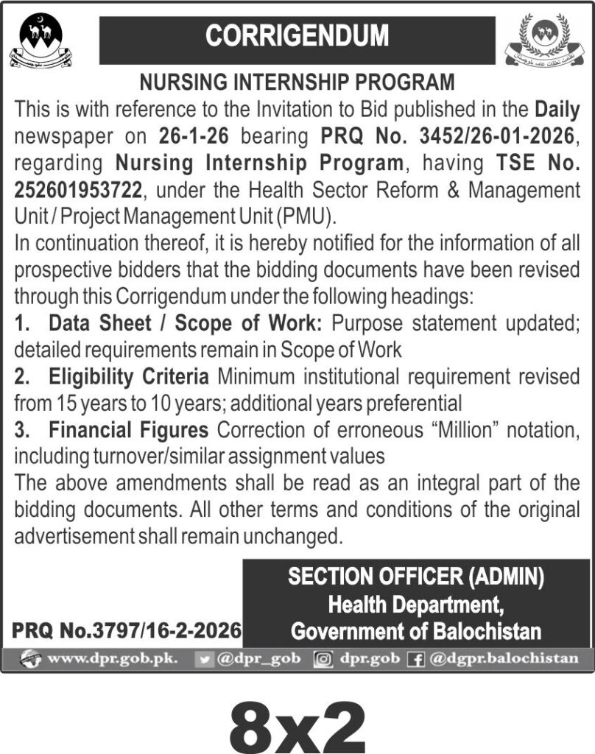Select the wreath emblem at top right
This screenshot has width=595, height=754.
click(549, 40)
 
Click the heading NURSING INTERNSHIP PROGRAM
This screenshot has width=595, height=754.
click(297, 82)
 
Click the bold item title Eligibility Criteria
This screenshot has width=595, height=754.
click(129, 378)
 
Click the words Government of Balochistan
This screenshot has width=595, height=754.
click(416, 631)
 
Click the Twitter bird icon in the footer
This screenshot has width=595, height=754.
click(207, 659)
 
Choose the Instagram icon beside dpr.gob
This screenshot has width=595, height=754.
click(322, 659)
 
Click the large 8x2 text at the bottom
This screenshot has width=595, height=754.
click(297, 725)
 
